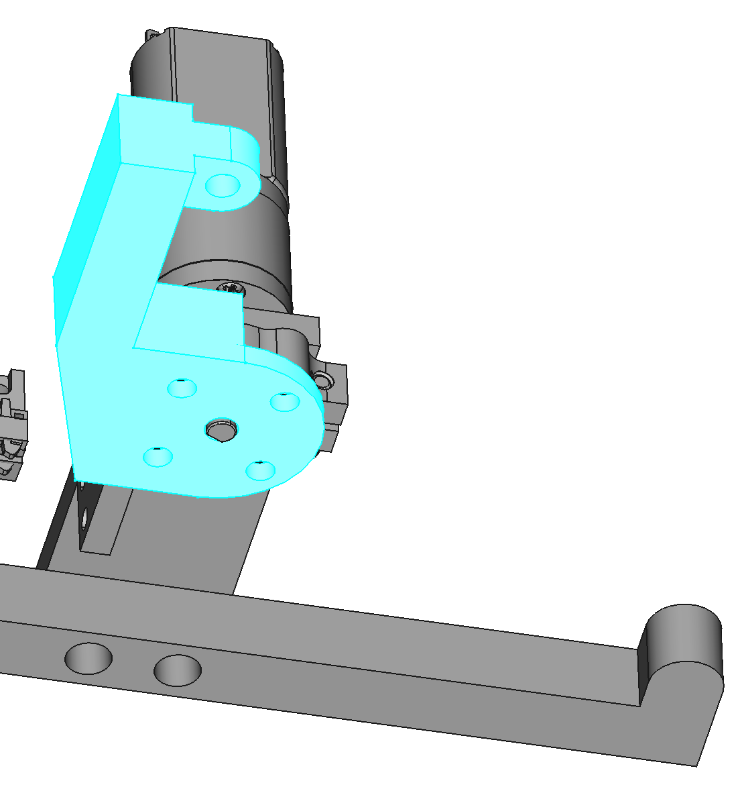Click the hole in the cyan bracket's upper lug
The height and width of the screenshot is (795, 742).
(x=223, y=185)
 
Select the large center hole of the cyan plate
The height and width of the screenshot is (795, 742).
(x=221, y=429)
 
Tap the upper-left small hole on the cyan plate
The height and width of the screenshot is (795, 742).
(x=182, y=388)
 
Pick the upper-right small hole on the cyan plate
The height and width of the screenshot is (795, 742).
(x=284, y=401)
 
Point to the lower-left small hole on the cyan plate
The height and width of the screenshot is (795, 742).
(x=158, y=456)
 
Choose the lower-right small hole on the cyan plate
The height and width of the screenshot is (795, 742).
(x=260, y=470)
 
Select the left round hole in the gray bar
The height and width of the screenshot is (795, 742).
(x=88, y=657)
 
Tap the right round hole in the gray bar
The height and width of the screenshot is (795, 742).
(x=178, y=670)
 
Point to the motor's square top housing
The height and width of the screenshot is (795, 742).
(x=221, y=67)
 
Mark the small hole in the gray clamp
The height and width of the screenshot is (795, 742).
(x=324, y=381)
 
